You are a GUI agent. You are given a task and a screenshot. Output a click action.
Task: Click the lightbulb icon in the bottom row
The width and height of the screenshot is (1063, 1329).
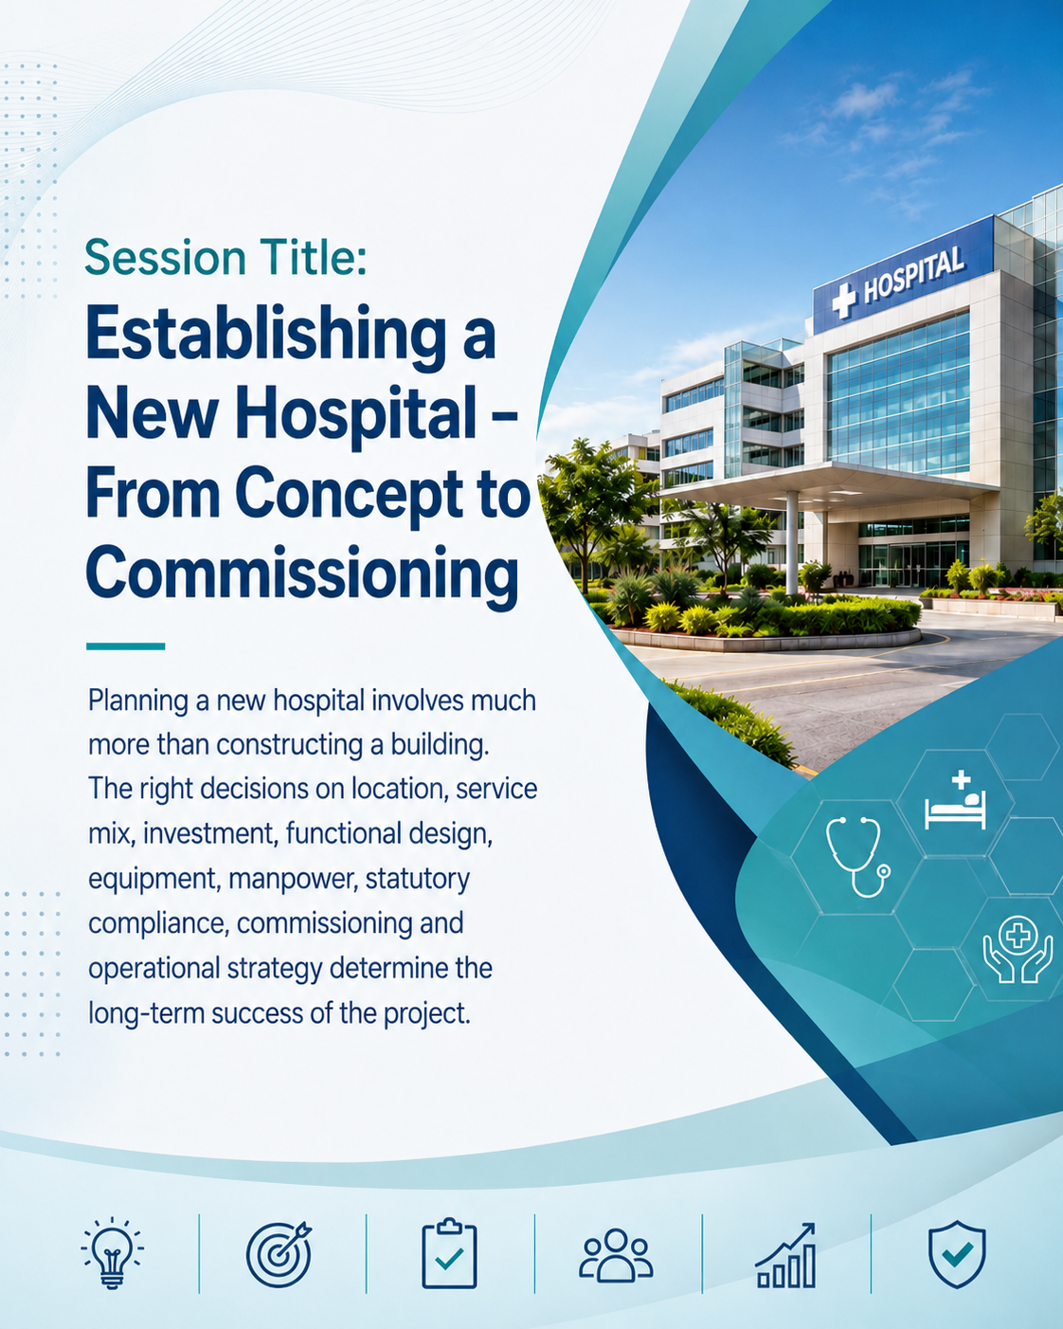(112, 1253)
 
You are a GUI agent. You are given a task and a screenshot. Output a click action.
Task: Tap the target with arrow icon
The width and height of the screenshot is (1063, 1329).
(279, 1254)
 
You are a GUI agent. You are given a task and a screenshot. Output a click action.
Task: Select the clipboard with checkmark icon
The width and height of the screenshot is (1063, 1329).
(449, 1253)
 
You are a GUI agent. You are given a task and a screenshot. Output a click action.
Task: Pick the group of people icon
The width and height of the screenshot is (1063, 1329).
(616, 1255)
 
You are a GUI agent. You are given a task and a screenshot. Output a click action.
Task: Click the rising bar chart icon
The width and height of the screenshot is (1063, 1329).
(785, 1255)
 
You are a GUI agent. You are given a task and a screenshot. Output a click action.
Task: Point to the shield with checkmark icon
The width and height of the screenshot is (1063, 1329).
(957, 1254)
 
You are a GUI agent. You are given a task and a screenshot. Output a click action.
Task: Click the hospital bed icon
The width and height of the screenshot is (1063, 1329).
(955, 800)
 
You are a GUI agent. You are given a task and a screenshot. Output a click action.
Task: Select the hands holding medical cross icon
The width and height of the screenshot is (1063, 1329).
(1018, 949)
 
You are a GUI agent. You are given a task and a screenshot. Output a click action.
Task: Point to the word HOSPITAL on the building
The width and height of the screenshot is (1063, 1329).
(913, 275)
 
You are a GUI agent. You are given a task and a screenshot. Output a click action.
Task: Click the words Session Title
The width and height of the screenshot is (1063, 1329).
(225, 258)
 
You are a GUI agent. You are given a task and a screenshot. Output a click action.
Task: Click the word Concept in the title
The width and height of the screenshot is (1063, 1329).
(349, 497)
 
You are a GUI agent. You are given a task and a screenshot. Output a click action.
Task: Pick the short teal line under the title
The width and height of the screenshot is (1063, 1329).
(125, 646)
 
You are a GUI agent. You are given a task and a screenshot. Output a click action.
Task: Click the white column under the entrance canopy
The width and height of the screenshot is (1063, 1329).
(792, 542)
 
